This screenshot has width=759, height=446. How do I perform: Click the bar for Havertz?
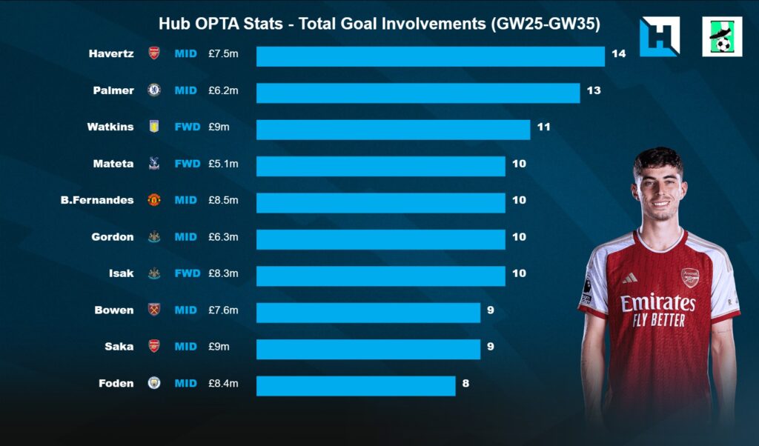(x=430, y=56)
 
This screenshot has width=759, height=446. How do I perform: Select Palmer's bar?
(x=418, y=93)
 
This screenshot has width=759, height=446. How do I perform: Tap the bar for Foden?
(x=356, y=385)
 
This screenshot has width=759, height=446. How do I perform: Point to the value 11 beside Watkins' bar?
(x=543, y=127)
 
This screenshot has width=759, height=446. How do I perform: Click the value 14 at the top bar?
(x=619, y=53)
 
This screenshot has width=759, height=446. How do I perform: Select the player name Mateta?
(x=113, y=163)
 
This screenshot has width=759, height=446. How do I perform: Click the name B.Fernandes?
(x=97, y=200)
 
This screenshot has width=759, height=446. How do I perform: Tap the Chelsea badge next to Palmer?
(x=154, y=90)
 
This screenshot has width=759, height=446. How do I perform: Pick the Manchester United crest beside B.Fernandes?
(x=154, y=200)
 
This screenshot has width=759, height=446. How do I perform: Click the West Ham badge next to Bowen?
(x=154, y=310)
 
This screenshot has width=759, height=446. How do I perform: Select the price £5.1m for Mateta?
(x=223, y=163)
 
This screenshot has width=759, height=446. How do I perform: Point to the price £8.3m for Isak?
(x=223, y=273)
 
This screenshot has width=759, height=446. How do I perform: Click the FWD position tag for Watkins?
(x=187, y=127)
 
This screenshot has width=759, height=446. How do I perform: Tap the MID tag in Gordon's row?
(x=185, y=237)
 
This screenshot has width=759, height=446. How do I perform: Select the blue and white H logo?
(x=659, y=36)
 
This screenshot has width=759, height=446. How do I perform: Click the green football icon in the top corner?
(x=721, y=36)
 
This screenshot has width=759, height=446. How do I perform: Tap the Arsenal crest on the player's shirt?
(x=690, y=278)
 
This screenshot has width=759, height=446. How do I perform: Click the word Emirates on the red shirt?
(x=657, y=304)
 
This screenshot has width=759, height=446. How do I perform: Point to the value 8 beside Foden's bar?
(x=465, y=383)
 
